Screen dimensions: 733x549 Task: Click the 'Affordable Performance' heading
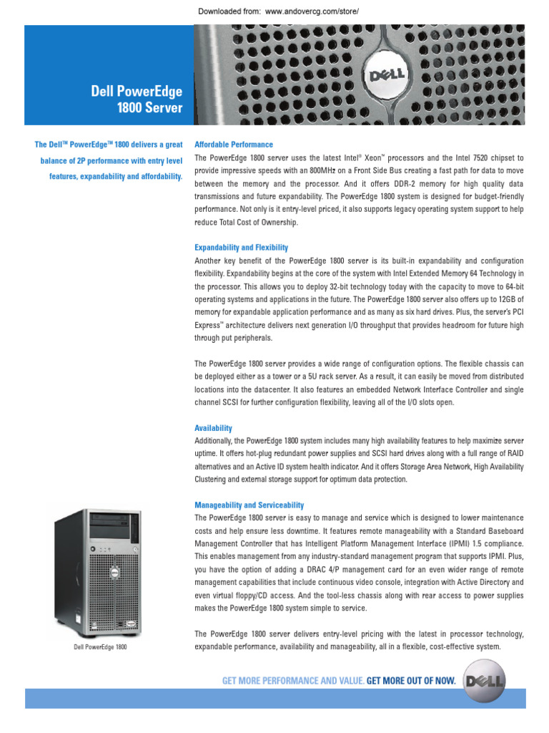(224, 145)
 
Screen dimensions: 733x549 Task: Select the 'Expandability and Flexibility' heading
(241, 248)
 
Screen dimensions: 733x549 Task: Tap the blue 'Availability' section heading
(213, 428)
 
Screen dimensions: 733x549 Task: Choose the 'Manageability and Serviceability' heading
(249, 505)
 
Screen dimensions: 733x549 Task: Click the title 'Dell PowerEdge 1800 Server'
(137, 99)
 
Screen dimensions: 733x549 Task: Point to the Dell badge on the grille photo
(387, 76)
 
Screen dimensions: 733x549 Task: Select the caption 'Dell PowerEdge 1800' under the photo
(100, 647)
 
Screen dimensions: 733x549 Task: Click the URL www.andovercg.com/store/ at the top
(311, 12)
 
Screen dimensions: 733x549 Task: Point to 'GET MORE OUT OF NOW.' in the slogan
(411, 681)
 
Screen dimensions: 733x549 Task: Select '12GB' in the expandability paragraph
(512, 299)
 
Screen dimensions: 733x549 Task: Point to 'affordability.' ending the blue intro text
(159, 176)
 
